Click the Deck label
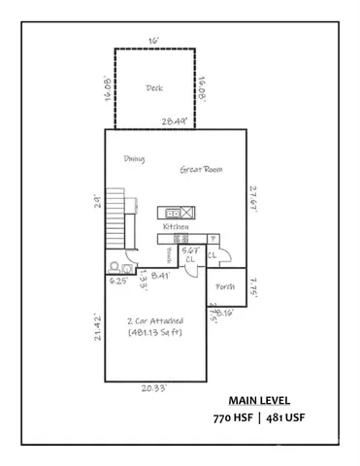click(154, 87)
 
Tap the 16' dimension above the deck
click(152, 42)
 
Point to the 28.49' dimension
click(175, 121)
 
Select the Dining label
click(134, 159)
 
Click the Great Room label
click(201, 169)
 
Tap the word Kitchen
click(176, 225)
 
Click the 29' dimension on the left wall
click(98, 201)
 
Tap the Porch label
click(225, 286)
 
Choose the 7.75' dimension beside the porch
click(253, 287)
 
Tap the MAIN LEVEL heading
click(259, 399)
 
